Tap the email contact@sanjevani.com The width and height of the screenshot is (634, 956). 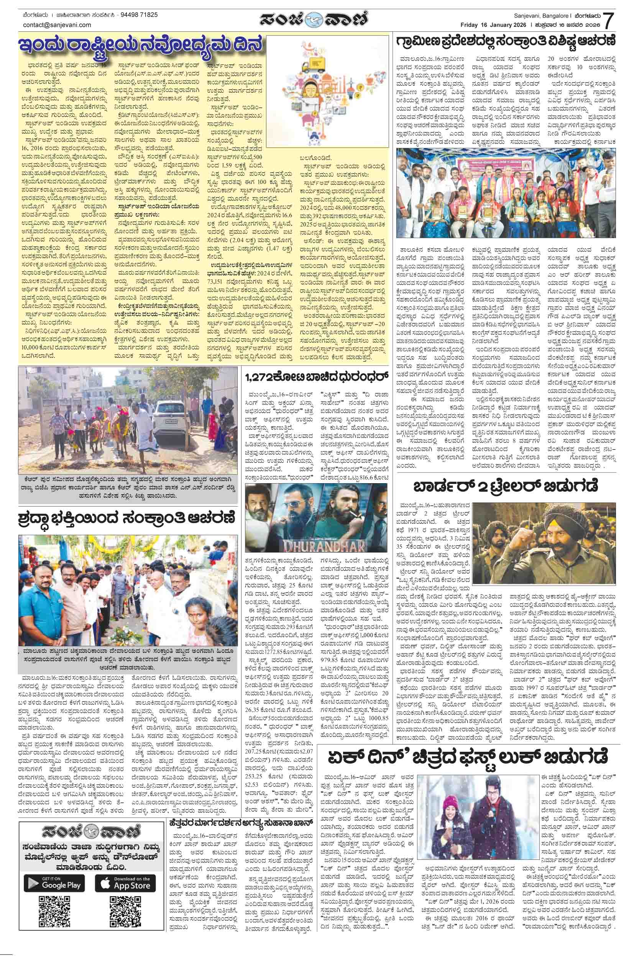(x=57, y=25)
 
